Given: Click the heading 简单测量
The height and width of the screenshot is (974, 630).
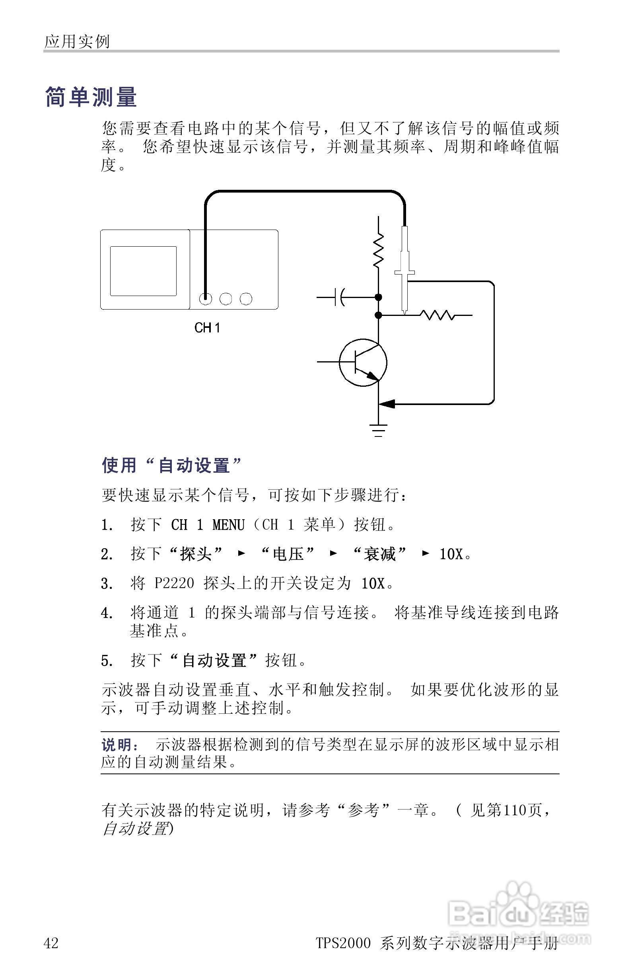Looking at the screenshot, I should pyautogui.click(x=90, y=97).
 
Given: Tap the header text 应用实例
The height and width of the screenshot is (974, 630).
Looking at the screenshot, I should pyautogui.click(x=77, y=41).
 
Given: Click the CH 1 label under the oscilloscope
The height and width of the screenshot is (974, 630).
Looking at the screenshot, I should pyautogui.click(x=207, y=327).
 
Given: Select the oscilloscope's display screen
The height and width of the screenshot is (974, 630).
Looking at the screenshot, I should pyautogui.click(x=143, y=271).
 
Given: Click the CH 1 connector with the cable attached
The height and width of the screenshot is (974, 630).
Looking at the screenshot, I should pyautogui.click(x=205, y=299).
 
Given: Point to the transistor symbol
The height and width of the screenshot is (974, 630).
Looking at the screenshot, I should pyautogui.click(x=363, y=362).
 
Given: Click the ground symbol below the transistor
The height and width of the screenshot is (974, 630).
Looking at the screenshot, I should pyautogui.click(x=378, y=431).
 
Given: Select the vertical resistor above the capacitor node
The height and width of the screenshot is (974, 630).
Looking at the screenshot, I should pyautogui.click(x=378, y=250).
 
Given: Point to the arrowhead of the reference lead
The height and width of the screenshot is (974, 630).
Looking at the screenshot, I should pyautogui.click(x=387, y=404).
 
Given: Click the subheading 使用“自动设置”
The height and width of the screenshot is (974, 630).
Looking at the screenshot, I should pyautogui.click(x=172, y=465).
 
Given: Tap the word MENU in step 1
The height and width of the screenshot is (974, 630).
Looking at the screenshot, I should pyautogui.click(x=228, y=525).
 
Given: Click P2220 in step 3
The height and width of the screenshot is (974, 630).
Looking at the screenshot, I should pyautogui.click(x=174, y=583).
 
